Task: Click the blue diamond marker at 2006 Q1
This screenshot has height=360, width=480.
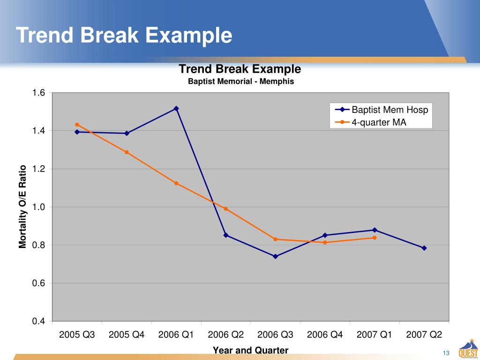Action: coord(176,108)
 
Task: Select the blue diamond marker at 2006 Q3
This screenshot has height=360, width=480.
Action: coord(275,256)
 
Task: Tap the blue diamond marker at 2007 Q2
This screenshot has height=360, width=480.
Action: coord(424,248)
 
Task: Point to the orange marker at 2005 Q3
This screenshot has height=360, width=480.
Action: coord(77,125)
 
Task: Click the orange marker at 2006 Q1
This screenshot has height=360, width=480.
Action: coord(176,183)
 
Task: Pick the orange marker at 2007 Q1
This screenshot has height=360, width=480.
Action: coord(375,238)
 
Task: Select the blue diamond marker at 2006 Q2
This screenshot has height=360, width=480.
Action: coord(226,235)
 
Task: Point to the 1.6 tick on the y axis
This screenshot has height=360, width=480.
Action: coord(38,93)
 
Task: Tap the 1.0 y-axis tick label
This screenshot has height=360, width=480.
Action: coord(38,207)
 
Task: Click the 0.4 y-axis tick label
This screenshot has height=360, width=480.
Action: coord(38,322)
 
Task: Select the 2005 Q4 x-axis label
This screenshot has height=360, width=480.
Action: coord(127,335)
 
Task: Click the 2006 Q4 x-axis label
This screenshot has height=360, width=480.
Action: coord(325,335)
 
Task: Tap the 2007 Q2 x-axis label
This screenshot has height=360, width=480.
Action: coord(424,335)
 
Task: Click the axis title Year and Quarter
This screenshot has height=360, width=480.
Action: coord(251,350)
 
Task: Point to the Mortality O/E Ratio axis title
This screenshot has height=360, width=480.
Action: coord(22,207)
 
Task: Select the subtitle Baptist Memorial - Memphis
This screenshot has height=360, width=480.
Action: coord(241,82)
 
